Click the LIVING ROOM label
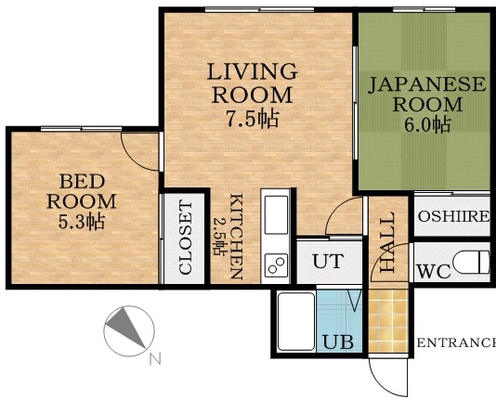tap(252, 83)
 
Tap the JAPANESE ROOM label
tap(426, 94)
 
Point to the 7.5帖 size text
tap(253, 118)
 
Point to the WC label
tap(434, 272)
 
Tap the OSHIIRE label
tap(453, 217)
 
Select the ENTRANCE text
tap(455, 343)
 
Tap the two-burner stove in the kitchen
tap(277, 265)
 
